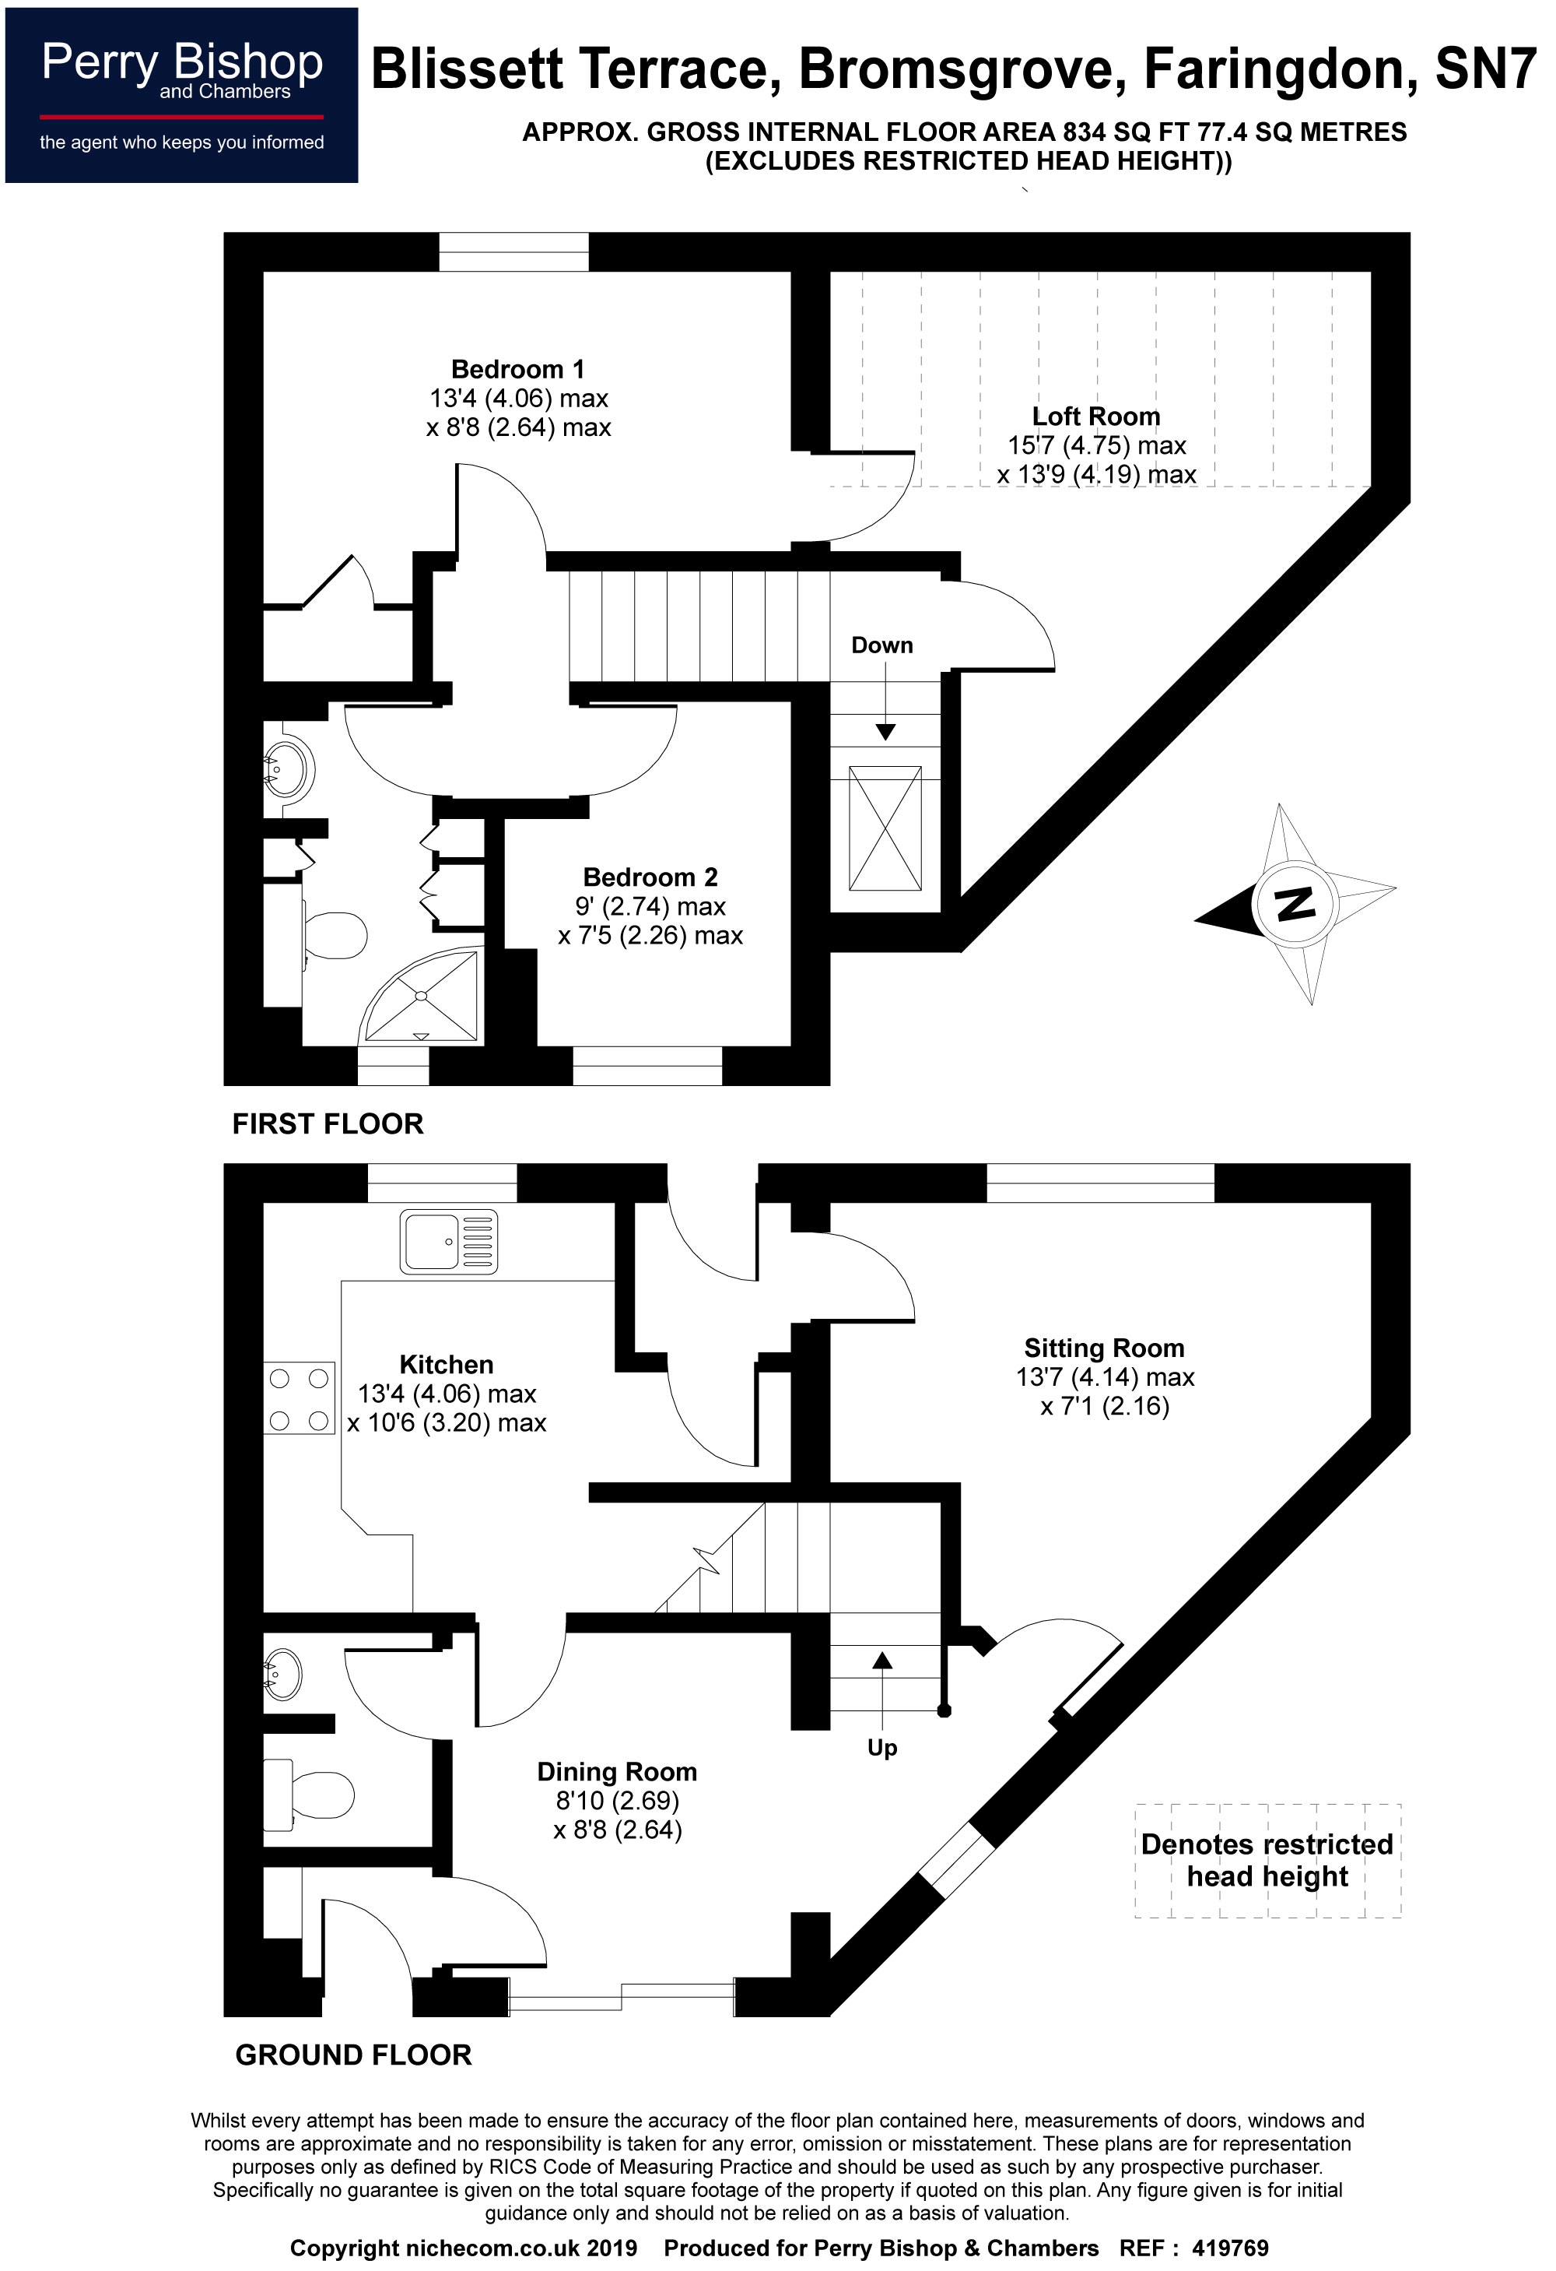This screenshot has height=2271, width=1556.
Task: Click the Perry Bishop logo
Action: click(182, 95)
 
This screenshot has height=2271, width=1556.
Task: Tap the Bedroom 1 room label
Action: click(517, 369)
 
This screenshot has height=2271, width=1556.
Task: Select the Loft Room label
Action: click(1096, 417)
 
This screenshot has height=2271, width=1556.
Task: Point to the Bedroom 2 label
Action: click(650, 877)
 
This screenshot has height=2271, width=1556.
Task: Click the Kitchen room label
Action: click(447, 1364)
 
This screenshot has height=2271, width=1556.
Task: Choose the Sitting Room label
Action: click(1104, 1348)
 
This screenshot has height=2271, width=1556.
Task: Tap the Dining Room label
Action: click(616, 1772)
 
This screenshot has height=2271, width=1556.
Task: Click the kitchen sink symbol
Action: click(448, 1241)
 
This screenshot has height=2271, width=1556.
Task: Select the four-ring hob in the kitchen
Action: click(299, 1399)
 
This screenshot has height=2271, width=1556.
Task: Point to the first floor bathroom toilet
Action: click(332, 934)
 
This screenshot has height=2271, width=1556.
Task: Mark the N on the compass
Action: click(1295, 904)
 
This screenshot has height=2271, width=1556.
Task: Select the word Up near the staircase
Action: click(882, 1747)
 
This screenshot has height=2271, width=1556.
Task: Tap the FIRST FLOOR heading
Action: click(328, 1123)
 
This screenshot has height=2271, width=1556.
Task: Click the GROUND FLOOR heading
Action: click(352, 2055)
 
